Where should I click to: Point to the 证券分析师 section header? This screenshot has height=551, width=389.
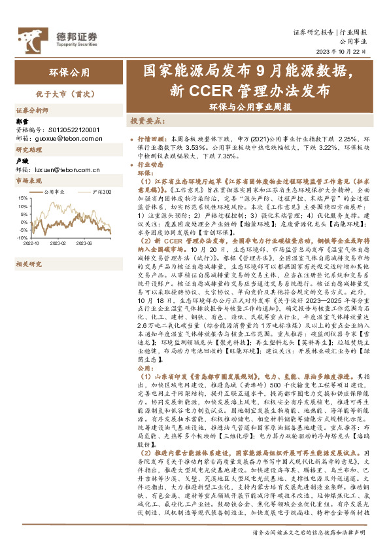pyautogui.click(x=32, y=111)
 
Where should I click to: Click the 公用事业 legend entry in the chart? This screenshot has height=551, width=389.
pyautogui.click(x=55, y=192)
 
